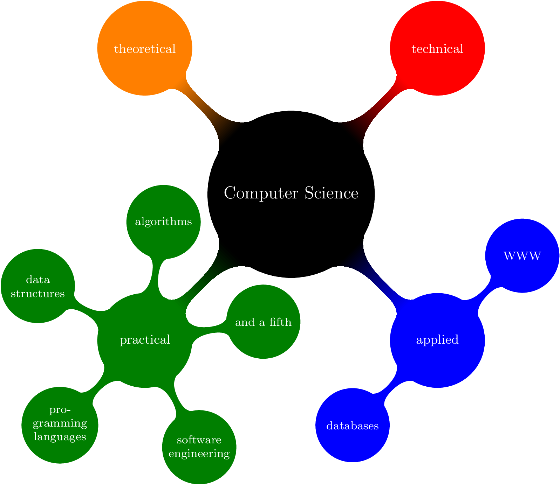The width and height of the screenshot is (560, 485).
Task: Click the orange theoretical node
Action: pos(145,48)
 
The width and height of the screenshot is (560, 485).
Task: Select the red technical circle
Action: pos(437,48)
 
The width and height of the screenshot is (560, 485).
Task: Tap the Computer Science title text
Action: pos(291,193)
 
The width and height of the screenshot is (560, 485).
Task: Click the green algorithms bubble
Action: pos(163,222)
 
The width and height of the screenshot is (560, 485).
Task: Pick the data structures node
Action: pos(38,286)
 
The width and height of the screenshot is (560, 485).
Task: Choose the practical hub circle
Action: pos(145,340)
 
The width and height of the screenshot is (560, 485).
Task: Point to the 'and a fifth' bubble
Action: pos(263,322)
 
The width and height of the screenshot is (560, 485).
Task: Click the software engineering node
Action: pos(199,447)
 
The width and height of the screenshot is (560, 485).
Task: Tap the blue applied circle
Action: pos(437,340)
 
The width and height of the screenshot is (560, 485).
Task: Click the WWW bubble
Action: pos(522,256)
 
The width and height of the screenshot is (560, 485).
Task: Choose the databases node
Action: pos(353,426)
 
